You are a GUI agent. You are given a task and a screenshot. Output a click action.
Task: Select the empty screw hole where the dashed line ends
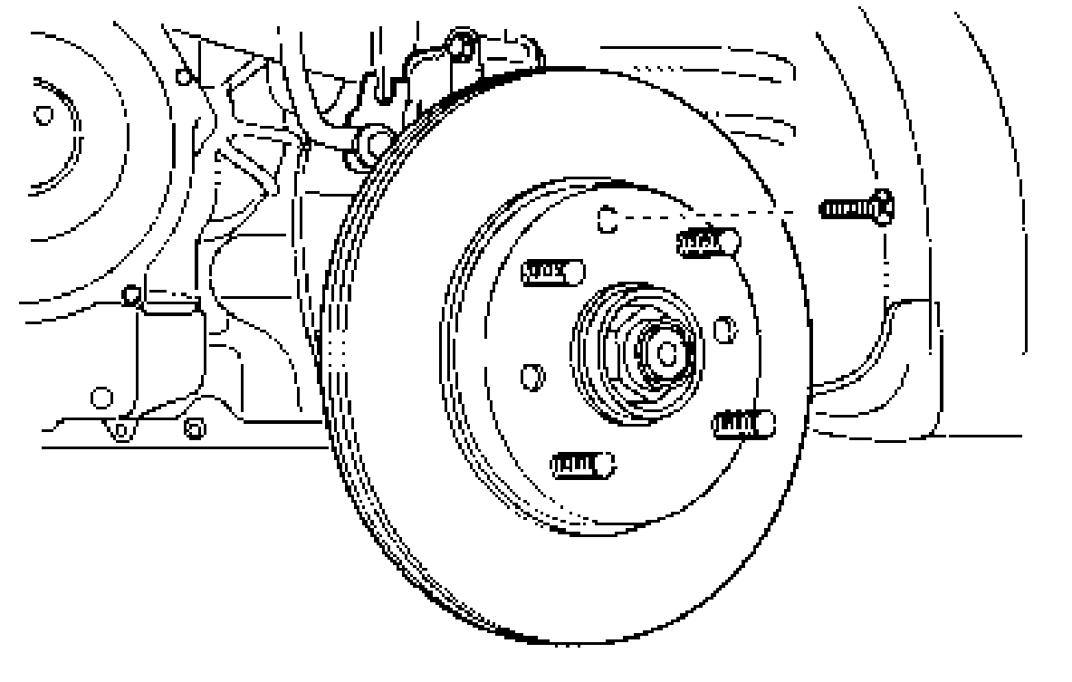[608, 219]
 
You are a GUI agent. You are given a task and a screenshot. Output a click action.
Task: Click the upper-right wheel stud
[708, 242]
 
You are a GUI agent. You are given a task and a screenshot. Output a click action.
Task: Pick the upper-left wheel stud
[553, 271]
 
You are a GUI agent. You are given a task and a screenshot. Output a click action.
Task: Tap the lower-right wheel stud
[743, 423]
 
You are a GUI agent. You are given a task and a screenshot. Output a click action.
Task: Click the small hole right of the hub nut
[723, 329]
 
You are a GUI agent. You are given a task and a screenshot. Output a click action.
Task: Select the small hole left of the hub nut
[531, 375]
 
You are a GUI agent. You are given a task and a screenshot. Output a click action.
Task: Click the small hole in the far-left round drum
[42, 115]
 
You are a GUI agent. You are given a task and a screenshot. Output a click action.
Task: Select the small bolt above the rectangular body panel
[131, 294]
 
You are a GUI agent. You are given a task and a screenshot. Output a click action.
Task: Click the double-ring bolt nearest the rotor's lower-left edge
[193, 427]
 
